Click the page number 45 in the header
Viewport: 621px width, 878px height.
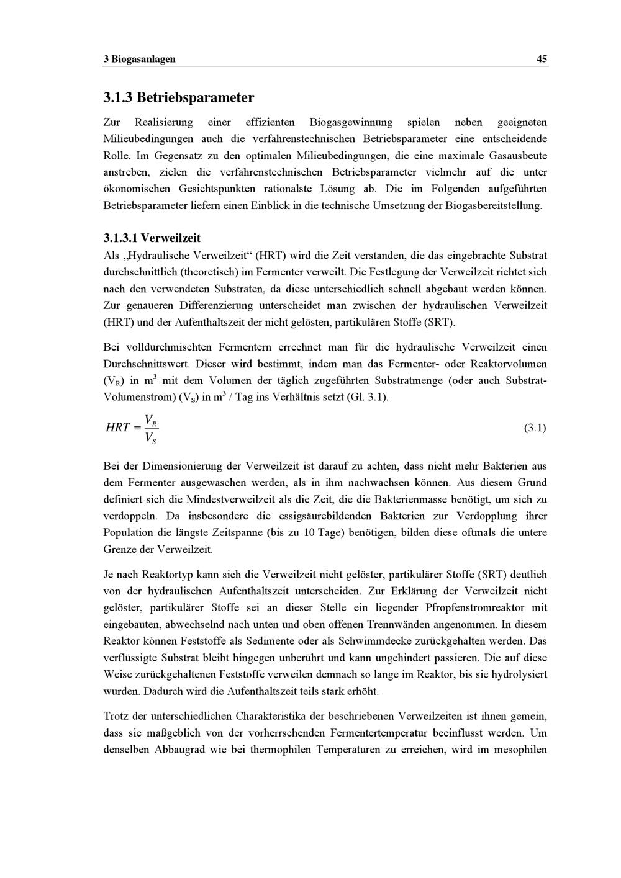coord(542,59)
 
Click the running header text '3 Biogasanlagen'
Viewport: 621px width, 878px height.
coord(139,59)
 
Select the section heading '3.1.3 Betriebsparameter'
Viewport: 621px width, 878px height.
coord(178,97)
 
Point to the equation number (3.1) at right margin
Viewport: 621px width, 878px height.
coord(535,428)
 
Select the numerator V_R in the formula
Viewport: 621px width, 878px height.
coord(150,420)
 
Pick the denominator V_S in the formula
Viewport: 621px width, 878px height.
coord(150,438)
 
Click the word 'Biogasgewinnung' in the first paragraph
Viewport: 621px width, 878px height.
coord(351,122)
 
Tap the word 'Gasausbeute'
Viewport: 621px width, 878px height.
coord(518,155)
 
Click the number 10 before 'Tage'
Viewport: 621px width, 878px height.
coord(309,532)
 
